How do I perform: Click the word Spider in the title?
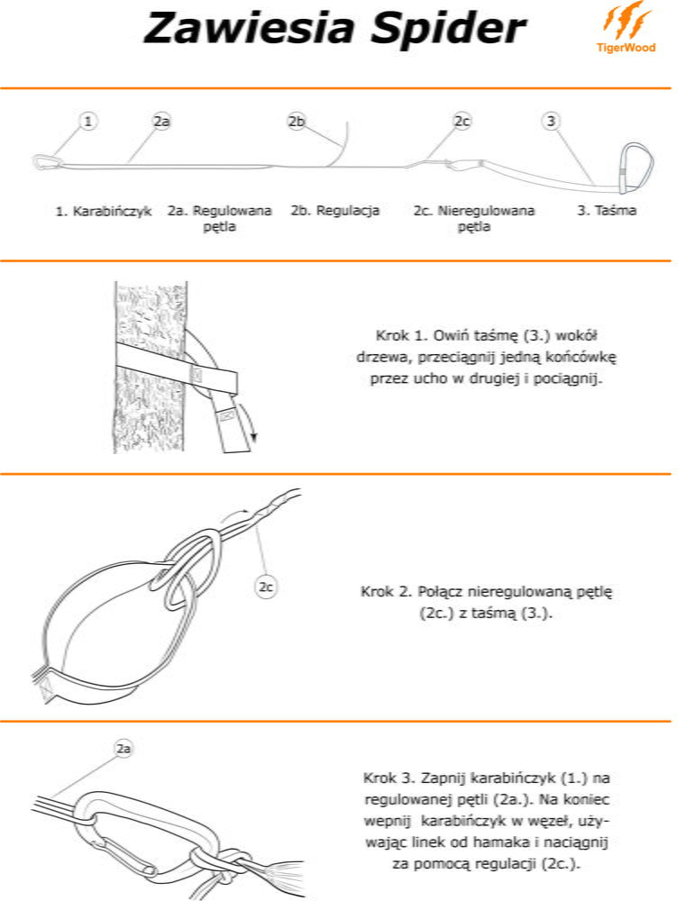[x=449, y=29]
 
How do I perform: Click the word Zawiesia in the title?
[x=249, y=28]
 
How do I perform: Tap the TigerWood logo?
[x=627, y=27]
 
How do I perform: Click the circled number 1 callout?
[x=87, y=122]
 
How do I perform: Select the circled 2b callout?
[x=297, y=122]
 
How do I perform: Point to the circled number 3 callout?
[x=551, y=122]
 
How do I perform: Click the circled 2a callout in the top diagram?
[x=161, y=122]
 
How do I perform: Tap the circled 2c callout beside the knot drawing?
[x=265, y=587]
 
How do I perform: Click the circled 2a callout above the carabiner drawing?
[x=123, y=748]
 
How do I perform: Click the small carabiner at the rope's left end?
[x=45, y=162]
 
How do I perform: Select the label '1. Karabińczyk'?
[x=104, y=212]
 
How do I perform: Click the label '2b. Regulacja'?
[x=334, y=211]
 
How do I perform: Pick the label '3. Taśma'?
[x=607, y=211]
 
